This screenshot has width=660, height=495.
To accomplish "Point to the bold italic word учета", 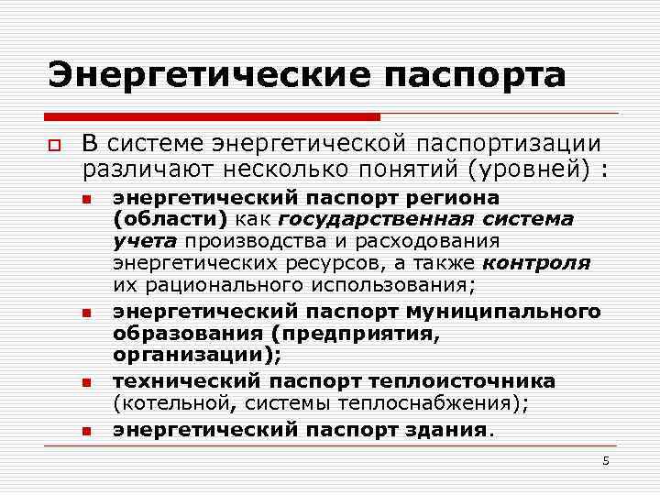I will [x=147, y=241].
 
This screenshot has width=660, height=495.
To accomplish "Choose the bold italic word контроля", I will [x=537, y=263].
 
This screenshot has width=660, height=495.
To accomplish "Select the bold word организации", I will [x=194, y=356].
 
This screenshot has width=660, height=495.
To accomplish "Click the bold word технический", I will [x=186, y=380].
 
